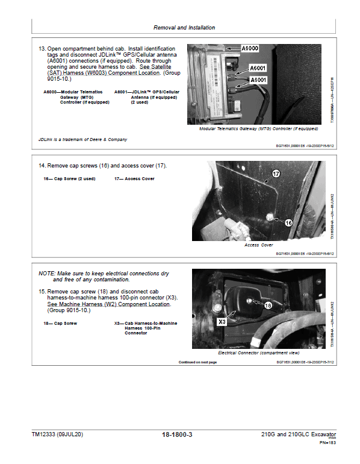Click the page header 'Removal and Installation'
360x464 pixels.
coord(184,28)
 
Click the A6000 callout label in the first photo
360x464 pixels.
coord(252,48)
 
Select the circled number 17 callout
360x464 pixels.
coord(276,174)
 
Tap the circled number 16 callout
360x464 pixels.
coord(288,222)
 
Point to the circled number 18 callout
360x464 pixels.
coord(267,306)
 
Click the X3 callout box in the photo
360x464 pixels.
coord(222,322)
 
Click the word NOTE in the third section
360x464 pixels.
coord(48,273)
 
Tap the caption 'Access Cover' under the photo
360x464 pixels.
coord(258,245)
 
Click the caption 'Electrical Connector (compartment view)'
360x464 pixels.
coord(258,353)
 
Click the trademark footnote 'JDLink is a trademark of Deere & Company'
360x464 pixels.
coord(83,140)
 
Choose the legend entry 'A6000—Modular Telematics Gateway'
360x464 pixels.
coord(73,92)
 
